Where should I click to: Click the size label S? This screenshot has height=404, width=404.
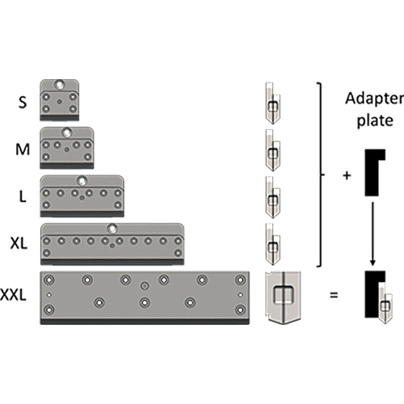(23, 103)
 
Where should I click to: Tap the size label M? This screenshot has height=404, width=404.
(23, 149)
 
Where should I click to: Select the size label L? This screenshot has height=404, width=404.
(23, 196)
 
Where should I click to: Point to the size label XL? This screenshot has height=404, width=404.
(19, 243)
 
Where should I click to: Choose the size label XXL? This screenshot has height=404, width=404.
(13, 295)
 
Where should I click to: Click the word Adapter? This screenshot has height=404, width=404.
(375, 99)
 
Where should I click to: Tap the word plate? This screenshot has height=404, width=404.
(375, 120)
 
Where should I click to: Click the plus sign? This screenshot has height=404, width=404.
(347, 176)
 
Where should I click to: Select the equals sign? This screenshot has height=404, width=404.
(334, 295)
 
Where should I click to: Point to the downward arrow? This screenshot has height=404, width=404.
(372, 234)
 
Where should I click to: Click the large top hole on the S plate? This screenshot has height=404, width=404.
(59, 85)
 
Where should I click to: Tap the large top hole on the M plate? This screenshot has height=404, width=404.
(66, 133)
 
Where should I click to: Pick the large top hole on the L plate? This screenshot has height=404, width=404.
(82, 180)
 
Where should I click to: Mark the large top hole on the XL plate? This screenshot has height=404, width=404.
(112, 229)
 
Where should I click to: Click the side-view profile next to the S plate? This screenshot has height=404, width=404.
(273, 103)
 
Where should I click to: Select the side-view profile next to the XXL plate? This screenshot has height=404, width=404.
(283, 297)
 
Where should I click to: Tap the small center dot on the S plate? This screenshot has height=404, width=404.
(60, 102)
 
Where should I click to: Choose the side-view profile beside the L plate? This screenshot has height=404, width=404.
(273, 197)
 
